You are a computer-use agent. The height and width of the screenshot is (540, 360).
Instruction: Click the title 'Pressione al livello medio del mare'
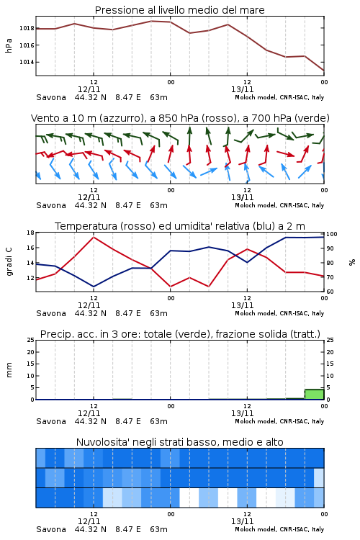pos(180,10)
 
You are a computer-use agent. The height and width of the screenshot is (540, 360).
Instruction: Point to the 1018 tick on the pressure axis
pos(27,28)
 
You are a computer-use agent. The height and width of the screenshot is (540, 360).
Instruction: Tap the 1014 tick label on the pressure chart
pos(27,62)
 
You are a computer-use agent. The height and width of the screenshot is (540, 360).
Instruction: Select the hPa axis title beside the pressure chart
pos(9,45)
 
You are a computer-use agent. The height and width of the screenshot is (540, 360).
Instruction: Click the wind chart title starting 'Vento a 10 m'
pos(180,118)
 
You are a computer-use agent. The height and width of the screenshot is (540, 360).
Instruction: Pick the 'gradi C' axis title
pos(9,261)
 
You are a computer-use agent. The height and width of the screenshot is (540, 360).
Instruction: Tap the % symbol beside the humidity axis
pos(352,262)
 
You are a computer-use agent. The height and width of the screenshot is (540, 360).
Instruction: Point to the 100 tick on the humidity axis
pos(332,234)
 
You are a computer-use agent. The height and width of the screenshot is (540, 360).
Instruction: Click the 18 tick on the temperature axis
pos(31,233)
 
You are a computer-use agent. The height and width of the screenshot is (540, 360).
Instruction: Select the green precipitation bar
pos(314,395)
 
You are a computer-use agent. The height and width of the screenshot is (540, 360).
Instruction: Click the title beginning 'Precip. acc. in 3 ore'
pos(180,334)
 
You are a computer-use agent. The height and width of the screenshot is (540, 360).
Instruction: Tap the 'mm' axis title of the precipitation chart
pos(9,370)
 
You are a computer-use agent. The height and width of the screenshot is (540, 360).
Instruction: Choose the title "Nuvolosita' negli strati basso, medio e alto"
pos(180,442)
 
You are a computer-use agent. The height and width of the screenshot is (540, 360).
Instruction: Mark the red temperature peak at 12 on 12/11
pos(94,237)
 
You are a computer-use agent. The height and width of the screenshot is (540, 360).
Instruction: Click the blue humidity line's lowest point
pos(94,287)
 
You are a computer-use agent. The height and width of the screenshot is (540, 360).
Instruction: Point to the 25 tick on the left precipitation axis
pos(31,340)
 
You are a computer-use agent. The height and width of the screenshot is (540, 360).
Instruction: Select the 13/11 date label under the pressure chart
pos(242,89)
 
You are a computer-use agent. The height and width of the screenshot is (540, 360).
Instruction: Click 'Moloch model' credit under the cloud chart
pos(256,529)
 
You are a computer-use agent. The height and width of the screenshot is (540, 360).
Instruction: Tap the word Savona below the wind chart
pos(51,205)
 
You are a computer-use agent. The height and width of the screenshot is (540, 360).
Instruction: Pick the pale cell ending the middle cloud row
pos(319,477)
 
